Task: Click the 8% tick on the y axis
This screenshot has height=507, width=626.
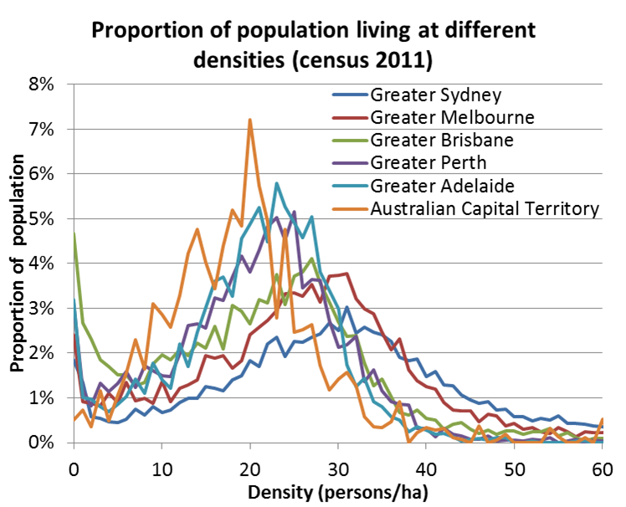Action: tap(42, 84)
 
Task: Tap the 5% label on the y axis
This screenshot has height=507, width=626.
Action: tap(42, 218)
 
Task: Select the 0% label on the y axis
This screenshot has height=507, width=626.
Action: tap(42, 443)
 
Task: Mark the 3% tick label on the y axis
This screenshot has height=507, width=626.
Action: tap(42, 308)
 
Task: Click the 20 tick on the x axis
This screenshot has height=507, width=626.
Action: tap(250, 465)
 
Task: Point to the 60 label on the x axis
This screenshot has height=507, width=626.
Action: tap(602, 465)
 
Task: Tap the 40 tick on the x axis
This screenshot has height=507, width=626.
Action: tap(426, 465)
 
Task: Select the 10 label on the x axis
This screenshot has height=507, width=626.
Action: tap(162, 465)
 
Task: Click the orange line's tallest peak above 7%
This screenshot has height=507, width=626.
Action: tap(249, 120)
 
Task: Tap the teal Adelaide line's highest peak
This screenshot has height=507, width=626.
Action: tap(276, 183)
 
